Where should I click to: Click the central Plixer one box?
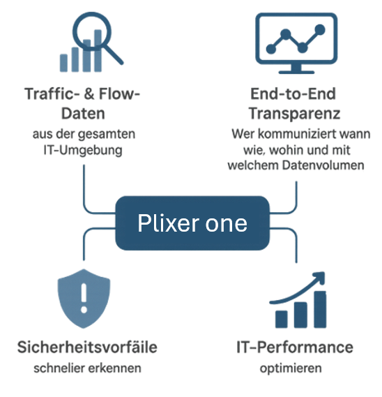click(x=192, y=223)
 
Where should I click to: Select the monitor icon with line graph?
click(x=296, y=43)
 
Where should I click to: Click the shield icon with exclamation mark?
click(x=84, y=299)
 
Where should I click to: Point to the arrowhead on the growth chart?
click(x=319, y=277)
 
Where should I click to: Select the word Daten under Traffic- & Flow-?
click(x=83, y=114)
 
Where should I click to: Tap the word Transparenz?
click(x=294, y=114)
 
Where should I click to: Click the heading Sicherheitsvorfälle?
click(x=87, y=347)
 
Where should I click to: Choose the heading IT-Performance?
click(x=295, y=347)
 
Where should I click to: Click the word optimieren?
click(x=291, y=368)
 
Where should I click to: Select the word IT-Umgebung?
click(x=83, y=150)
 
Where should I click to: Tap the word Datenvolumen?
click(x=323, y=165)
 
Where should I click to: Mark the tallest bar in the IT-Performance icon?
click(x=320, y=309)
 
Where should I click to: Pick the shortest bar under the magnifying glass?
click(x=63, y=63)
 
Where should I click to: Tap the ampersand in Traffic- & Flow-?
click(x=89, y=94)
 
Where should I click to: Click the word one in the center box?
click(x=226, y=224)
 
